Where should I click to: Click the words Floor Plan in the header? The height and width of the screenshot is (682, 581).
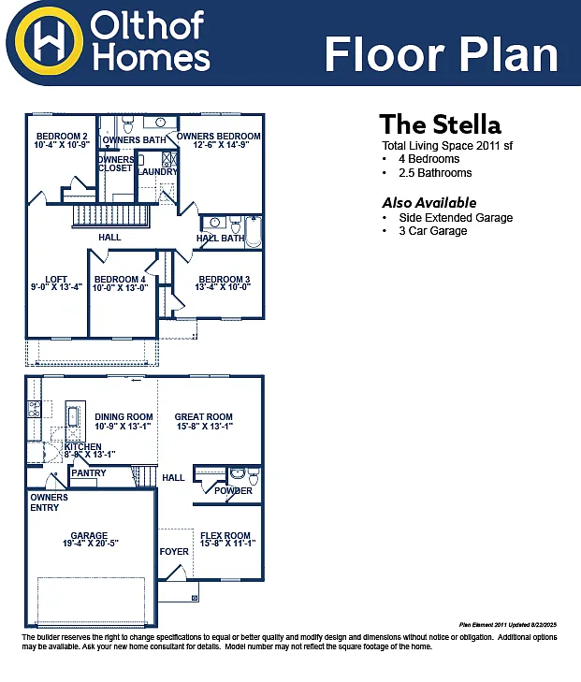click(x=441, y=54)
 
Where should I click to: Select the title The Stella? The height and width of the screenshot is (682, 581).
click(x=440, y=124)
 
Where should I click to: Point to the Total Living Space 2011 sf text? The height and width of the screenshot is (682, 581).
click(x=447, y=146)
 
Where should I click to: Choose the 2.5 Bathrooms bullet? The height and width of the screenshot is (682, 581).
click(x=433, y=173)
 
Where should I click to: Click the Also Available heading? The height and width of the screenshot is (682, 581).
click(x=428, y=203)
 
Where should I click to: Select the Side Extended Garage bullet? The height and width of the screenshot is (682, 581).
click(x=456, y=218)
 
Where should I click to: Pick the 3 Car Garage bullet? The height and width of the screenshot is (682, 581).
click(x=432, y=231)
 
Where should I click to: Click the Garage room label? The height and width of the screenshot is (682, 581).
click(x=89, y=536)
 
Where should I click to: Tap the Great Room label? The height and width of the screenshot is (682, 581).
click(x=203, y=417)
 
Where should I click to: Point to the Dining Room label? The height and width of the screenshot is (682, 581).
click(x=123, y=417)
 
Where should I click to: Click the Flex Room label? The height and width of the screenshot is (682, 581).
click(x=225, y=536)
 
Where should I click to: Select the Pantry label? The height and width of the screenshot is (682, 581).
click(x=89, y=473)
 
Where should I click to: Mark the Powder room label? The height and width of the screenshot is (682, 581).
click(x=233, y=491)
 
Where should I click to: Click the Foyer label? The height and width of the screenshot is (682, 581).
click(x=174, y=551)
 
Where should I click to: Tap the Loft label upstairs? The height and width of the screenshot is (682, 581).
click(x=56, y=279)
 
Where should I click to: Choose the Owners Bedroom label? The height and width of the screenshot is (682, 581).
click(x=220, y=137)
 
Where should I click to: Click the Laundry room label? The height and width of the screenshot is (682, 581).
click(x=156, y=171)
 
